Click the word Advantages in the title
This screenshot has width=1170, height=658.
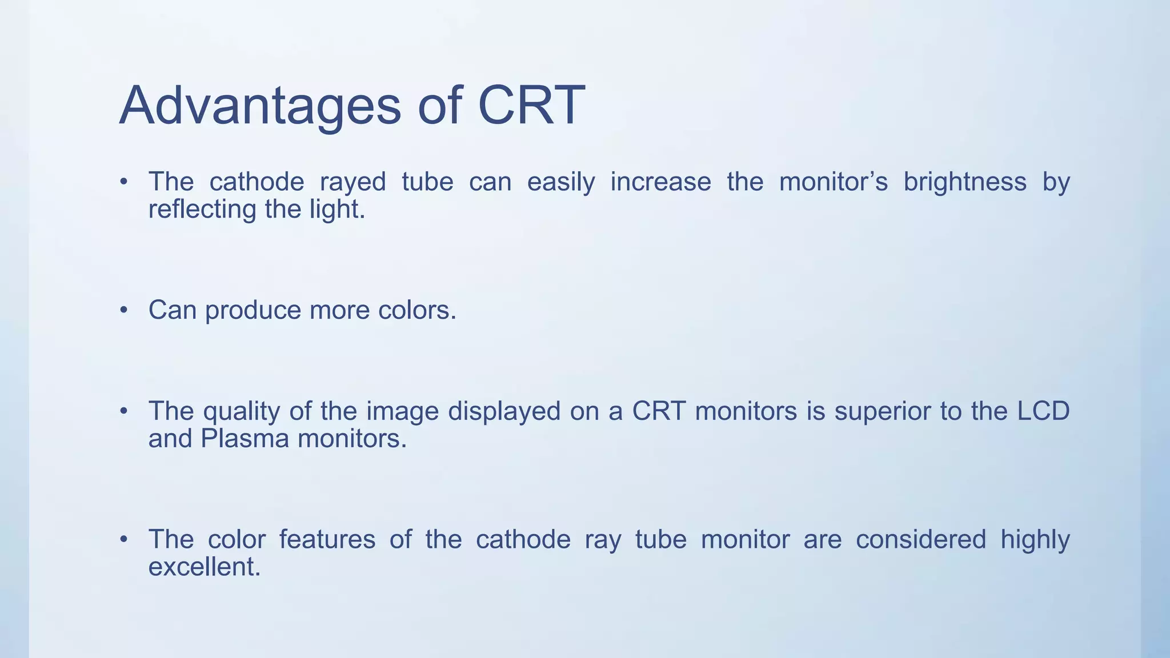[x=260, y=106]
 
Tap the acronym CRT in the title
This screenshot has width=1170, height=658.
[x=531, y=106]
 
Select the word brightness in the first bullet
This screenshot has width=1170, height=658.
[x=964, y=182]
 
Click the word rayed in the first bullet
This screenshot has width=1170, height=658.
[x=352, y=182]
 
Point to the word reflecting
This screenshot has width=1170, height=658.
[x=202, y=209]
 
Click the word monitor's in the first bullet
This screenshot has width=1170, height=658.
[x=833, y=182]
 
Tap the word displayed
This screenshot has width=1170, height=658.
[x=504, y=412]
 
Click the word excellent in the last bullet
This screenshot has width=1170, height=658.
[x=204, y=567]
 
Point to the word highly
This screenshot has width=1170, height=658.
[x=1035, y=540]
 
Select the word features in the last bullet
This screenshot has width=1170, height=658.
[x=327, y=540]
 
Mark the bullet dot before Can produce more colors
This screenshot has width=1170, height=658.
[x=124, y=310]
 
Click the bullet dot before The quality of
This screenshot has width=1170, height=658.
[x=124, y=411]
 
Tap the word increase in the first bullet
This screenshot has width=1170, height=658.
[x=660, y=182]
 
